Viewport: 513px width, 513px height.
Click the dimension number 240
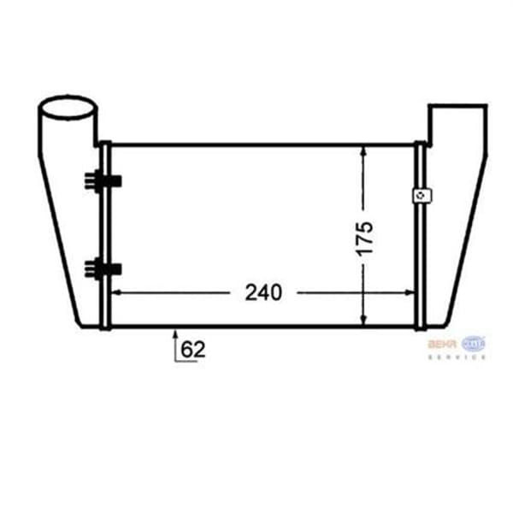(x=262, y=292)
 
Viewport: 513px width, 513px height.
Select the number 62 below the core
(x=193, y=349)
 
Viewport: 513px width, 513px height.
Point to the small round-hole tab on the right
(x=421, y=196)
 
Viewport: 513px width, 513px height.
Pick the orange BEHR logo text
(x=442, y=344)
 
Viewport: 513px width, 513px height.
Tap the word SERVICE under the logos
(x=457, y=357)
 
